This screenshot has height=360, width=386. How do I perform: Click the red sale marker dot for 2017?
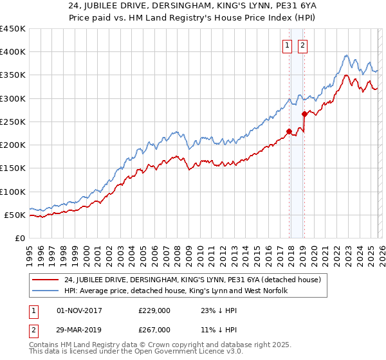click(x=289, y=131)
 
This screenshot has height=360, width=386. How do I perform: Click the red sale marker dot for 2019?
click(x=304, y=114)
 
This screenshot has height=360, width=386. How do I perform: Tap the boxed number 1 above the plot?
click(x=287, y=45)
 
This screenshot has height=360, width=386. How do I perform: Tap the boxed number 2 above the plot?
click(x=302, y=45)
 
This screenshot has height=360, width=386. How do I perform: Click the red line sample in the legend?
click(x=46, y=279)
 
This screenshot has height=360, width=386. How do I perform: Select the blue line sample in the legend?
click(x=46, y=291)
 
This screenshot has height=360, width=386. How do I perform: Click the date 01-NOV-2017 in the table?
click(x=80, y=310)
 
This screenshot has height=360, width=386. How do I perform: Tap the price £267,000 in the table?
click(x=154, y=329)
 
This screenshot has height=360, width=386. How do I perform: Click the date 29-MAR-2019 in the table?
click(x=80, y=329)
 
